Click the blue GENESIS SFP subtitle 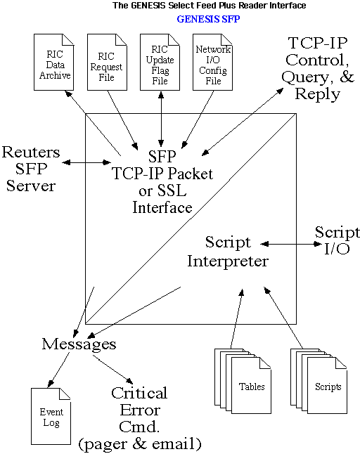coord(208,19)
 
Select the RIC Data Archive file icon coord(54,62)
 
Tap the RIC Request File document coord(107,62)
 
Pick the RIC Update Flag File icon coord(160,62)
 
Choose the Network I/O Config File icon coord(212,62)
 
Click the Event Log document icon coord(51,416)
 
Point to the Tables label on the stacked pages coord(252,387)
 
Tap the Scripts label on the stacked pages coord(328,387)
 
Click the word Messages coord(79,344)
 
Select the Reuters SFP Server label coord(31,169)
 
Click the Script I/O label coord(337,240)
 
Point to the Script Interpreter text coord(228,252)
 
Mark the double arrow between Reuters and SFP coord(86,162)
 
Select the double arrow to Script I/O coord(291,244)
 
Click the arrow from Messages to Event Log coord(58,370)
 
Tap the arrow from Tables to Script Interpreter coord(237,318)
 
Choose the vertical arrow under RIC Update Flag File coord(161,119)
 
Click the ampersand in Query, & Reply coord(347,77)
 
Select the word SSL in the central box coord(172,190)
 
